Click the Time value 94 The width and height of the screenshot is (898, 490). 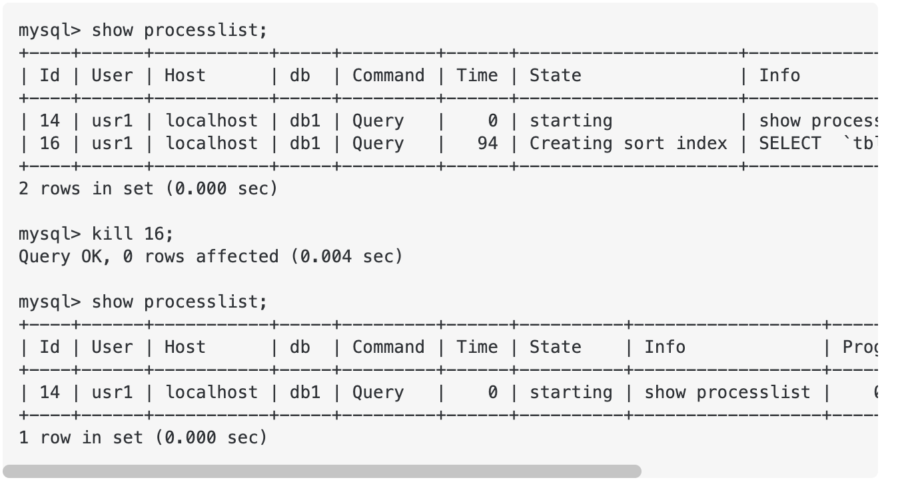click(488, 143)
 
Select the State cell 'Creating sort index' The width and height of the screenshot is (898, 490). click(628, 143)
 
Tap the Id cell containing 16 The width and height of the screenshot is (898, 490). click(50, 143)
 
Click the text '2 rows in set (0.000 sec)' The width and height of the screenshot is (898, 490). click(147, 188)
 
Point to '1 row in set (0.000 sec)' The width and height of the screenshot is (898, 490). click(143, 437)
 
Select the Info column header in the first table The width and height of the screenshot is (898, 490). click(779, 75)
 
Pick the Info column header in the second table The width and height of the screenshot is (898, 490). click(665, 347)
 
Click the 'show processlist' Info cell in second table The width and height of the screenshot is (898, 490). click(727, 392)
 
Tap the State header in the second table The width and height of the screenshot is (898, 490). click(555, 347)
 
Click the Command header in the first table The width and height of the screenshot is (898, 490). click(388, 75)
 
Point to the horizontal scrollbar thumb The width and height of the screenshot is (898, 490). click(322, 471)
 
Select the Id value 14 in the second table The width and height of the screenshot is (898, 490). click(50, 392)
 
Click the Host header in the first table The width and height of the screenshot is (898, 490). click(185, 75)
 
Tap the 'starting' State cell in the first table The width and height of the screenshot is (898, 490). click(571, 121)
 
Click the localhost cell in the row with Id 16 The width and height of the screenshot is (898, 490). click(211, 143)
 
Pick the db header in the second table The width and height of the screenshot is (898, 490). click(300, 347)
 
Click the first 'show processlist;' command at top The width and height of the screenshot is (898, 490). click(143, 30)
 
